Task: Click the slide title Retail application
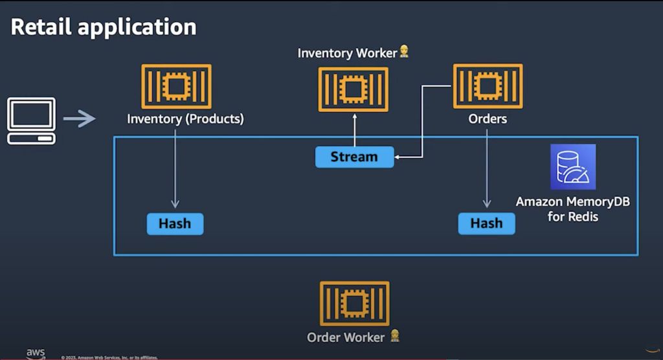point(104,27)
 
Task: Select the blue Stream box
point(354,157)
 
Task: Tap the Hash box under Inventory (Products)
point(175,223)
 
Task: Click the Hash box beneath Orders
point(486,223)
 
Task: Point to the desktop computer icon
point(31,121)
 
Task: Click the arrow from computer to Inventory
point(79,118)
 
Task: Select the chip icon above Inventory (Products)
point(176,86)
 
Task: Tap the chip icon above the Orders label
point(488,86)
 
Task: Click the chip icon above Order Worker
point(354,303)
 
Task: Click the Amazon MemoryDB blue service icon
point(572,166)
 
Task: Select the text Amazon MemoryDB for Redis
point(572,209)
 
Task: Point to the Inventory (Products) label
point(185,119)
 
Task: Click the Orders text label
point(488,119)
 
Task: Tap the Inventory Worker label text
point(346,53)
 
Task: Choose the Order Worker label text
point(346,337)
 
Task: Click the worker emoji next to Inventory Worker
point(404,52)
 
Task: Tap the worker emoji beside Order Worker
point(394,336)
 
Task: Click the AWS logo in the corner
point(36,354)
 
